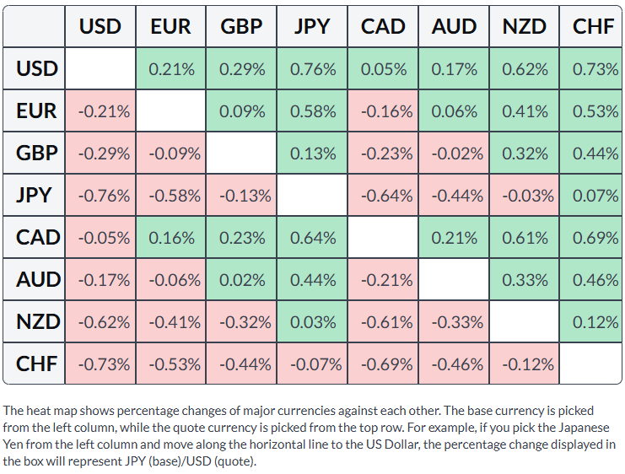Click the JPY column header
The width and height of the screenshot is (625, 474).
pos(312,26)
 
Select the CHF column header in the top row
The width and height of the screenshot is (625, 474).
pos(590,26)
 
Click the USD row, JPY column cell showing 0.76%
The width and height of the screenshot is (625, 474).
pos(312,68)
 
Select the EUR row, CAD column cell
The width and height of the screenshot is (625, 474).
pos(383,110)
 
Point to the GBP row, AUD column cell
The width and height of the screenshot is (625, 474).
pos(454,154)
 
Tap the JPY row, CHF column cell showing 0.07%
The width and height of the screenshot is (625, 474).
pos(590,196)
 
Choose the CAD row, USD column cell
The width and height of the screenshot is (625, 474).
pos(100,238)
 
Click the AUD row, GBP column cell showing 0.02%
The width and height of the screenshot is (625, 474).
pos(241,279)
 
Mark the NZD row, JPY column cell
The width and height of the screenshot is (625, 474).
pos(312,321)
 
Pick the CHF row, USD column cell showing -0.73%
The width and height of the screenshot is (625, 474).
pos(100,364)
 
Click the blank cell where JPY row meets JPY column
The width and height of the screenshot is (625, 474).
pos(312,196)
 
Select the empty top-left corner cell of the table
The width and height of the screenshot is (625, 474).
pos(34,26)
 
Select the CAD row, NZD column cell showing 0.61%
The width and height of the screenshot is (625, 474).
pos(525,238)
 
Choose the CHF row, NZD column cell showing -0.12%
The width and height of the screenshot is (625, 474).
pos(525,364)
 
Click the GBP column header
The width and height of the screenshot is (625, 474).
pos(241,26)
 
